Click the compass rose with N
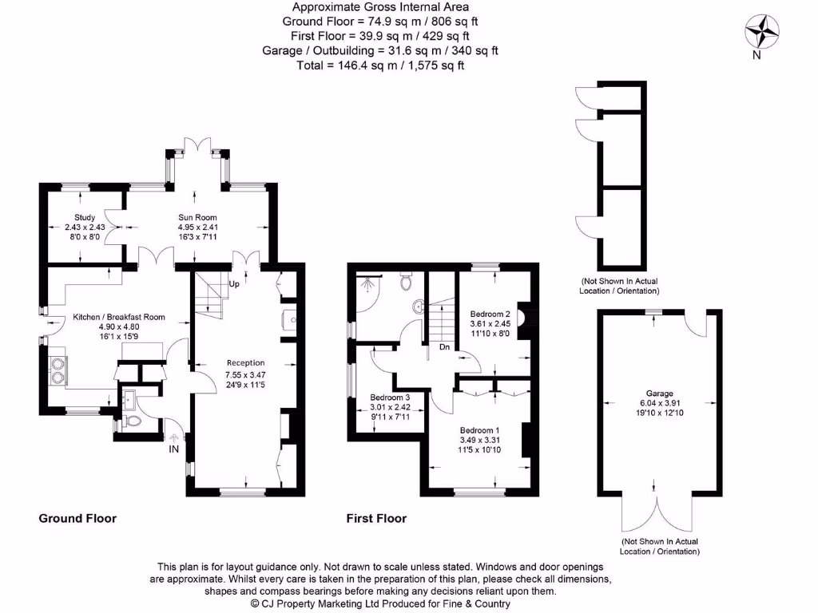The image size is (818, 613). [762, 34]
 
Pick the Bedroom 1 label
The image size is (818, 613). [479, 429]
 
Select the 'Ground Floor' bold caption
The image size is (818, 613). [77, 518]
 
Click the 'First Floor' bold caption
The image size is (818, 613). [376, 518]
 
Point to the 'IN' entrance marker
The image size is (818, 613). [173, 450]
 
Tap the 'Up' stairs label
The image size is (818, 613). [235, 284]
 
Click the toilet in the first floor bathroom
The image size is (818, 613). [407, 283]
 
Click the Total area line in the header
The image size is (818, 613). [379, 65]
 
